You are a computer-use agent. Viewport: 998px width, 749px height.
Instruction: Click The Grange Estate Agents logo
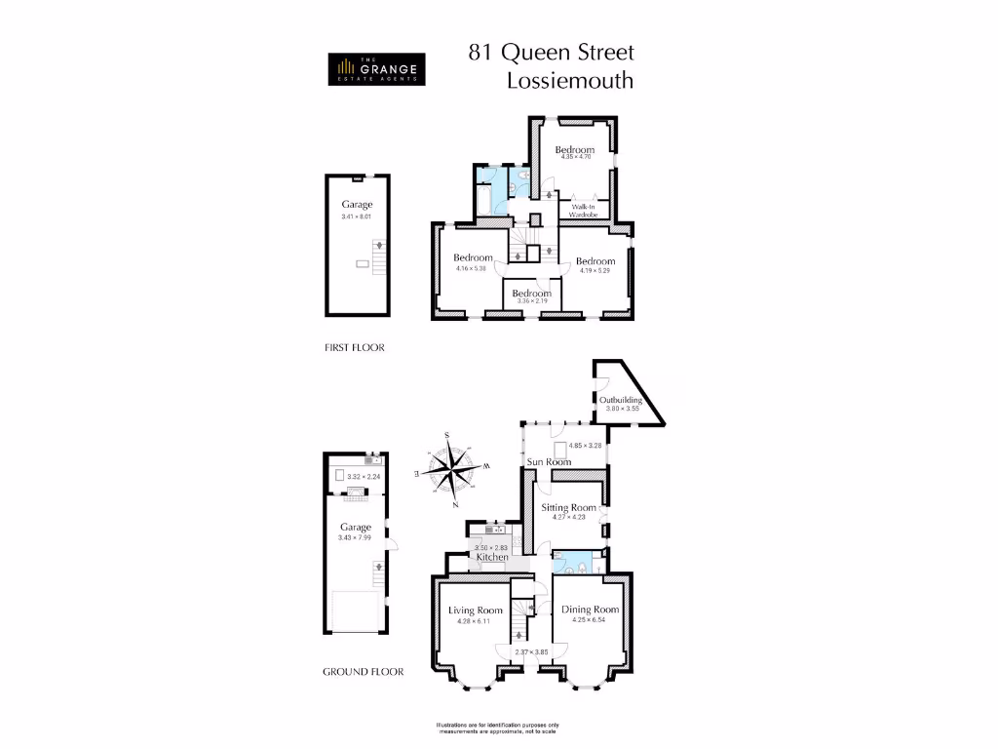tap(375, 68)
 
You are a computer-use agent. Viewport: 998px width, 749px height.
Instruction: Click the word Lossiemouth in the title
tap(570, 81)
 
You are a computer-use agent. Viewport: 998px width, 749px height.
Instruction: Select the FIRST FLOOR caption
tap(355, 347)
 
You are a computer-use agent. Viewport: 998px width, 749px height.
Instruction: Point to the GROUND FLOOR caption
tap(363, 672)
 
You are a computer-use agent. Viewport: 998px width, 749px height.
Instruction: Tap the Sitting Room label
tap(568, 508)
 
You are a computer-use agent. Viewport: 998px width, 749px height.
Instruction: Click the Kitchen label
tap(492, 557)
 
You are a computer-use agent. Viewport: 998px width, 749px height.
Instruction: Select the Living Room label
tap(476, 611)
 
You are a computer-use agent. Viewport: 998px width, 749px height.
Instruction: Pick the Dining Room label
tap(591, 610)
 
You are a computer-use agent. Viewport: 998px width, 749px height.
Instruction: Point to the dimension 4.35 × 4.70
tap(575, 157)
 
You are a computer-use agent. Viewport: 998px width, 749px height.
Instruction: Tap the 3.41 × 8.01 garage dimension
tap(358, 217)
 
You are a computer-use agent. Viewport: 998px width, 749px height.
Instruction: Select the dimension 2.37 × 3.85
tap(531, 651)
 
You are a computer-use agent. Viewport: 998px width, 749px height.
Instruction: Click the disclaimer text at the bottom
tap(498, 728)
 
